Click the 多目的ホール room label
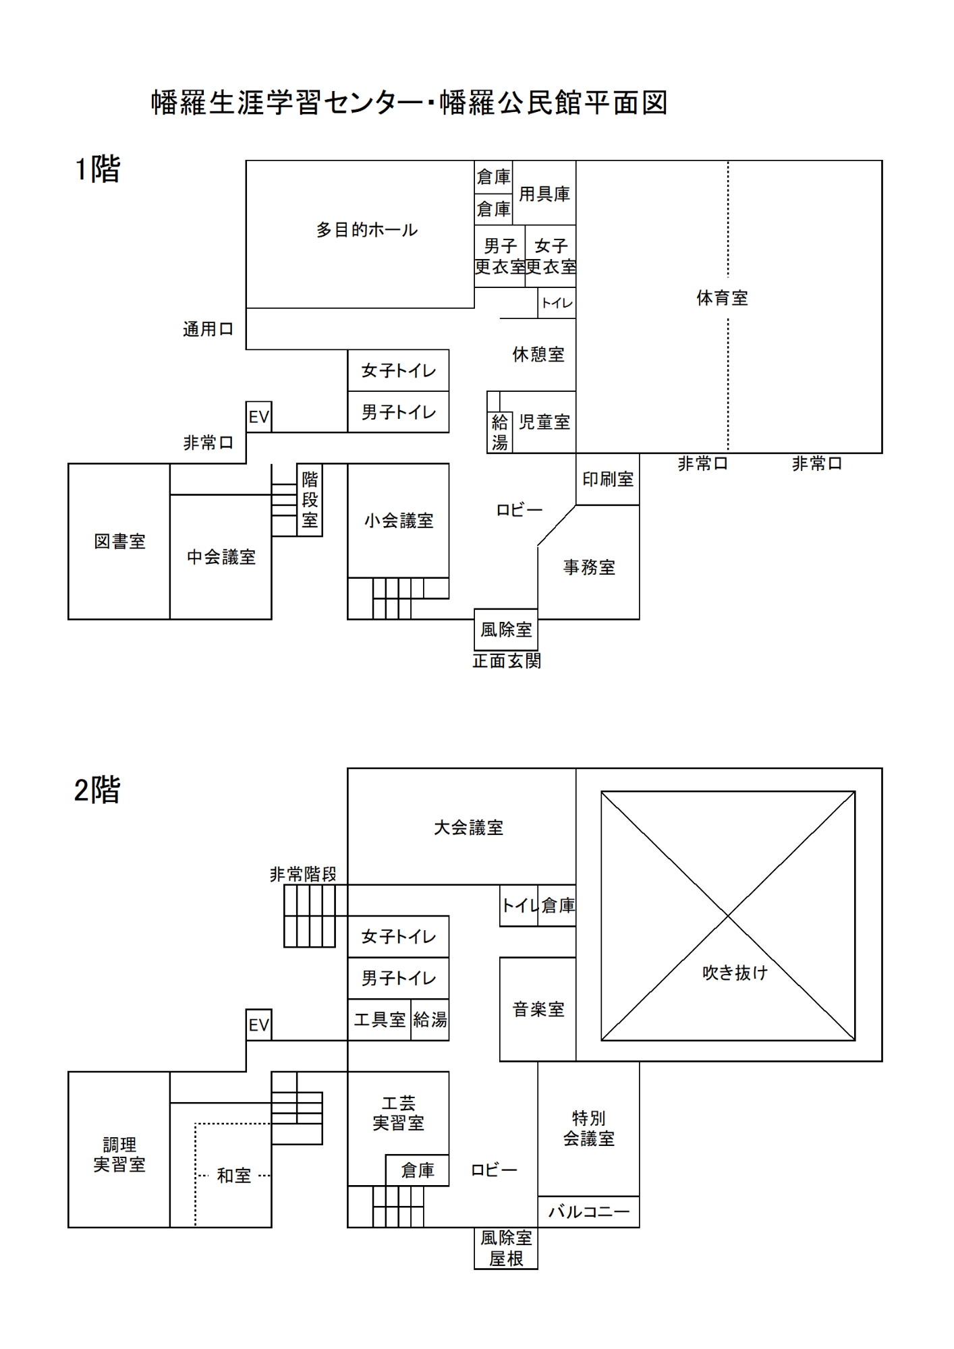[x=366, y=230]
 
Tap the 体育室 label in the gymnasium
[x=722, y=297]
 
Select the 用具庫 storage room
[x=544, y=194]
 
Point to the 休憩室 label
[x=538, y=354]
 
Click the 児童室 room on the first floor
[x=544, y=422]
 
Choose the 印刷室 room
[x=608, y=479]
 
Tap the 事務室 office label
[x=589, y=567]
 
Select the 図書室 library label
[x=119, y=541]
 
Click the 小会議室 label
[x=398, y=521]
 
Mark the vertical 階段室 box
[x=310, y=500]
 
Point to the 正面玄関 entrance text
[x=507, y=661]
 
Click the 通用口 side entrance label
[x=208, y=329]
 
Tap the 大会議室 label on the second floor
[x=468, y=828]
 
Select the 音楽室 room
[x=538, y=1009]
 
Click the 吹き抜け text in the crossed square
[x=735, y=973]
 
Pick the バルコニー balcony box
[x=588, y=1212]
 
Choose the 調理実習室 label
[x=119, y=1154]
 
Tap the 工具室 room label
[x=380, y=1020]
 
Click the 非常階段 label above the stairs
[x=303, y=874]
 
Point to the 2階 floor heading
[x=97, y=790]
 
